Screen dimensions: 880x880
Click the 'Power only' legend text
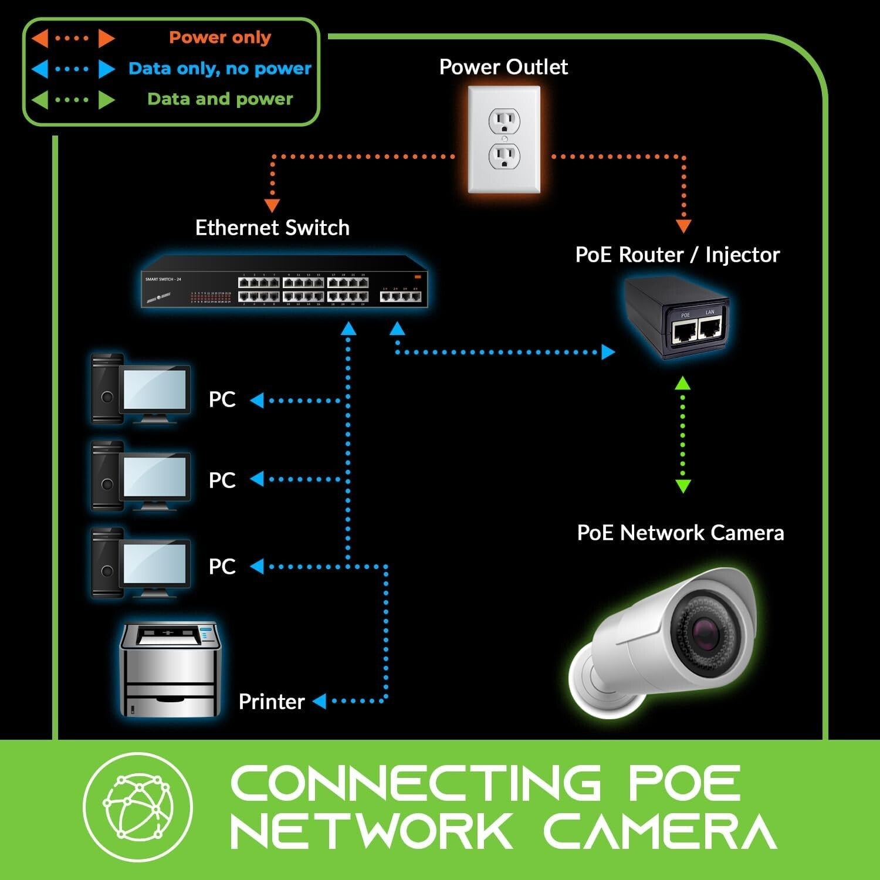(220, 38)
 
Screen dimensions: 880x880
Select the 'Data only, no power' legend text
(220, 69)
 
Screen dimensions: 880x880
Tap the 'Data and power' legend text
(220, 99)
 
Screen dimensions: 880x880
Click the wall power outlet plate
(504, 140)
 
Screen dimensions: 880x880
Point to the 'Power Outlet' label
(503, 67)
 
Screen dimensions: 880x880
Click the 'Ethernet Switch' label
(272, 228)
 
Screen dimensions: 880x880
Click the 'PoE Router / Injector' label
(678, 255)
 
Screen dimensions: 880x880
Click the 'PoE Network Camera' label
(681, 533)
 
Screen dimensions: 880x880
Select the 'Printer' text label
(272, 702)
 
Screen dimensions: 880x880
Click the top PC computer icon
(141, 388)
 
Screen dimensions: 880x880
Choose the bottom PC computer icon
(141, 563)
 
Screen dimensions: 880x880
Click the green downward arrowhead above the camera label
(683, 486)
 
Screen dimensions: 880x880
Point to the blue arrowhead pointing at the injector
(608, 352)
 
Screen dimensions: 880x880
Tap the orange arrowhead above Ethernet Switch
(272, 205)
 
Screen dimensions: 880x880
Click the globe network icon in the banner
(137, 807)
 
